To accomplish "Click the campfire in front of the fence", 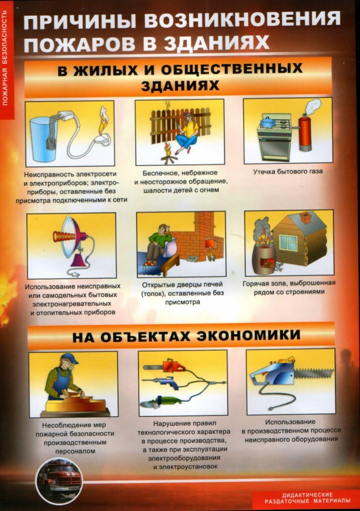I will (x=169, y=153).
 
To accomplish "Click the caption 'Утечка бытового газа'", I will (x=288, y=172).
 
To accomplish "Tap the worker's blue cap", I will (x=69, y=358).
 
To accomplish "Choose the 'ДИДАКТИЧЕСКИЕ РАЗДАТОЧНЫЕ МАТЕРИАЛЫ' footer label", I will (x=305, y=498).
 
